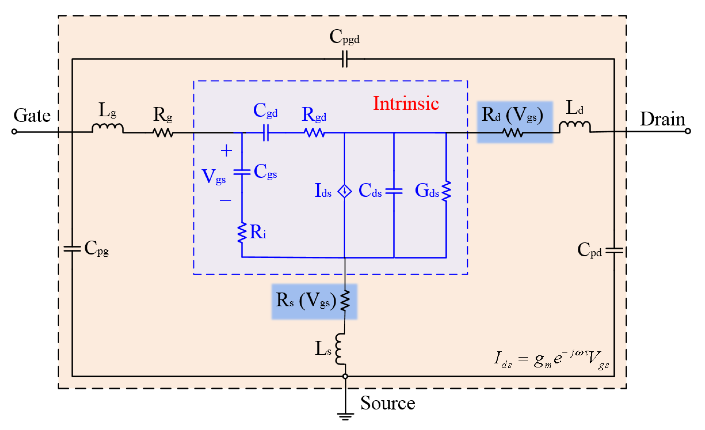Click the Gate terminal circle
(14, 132)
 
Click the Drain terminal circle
(688, 131)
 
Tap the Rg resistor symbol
(163, 132)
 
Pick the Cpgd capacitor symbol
(345, 59)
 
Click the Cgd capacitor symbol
(266, 132)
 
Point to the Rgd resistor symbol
(314, 132)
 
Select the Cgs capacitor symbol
(242, 172)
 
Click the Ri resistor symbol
(242, 232)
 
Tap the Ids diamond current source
(344, 191)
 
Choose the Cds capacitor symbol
(394, 191)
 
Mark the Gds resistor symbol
(446, 191)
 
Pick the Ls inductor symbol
(341, 349)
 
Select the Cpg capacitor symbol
(72, 249)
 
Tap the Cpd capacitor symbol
(614, 250)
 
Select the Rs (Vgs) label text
(306, 301)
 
